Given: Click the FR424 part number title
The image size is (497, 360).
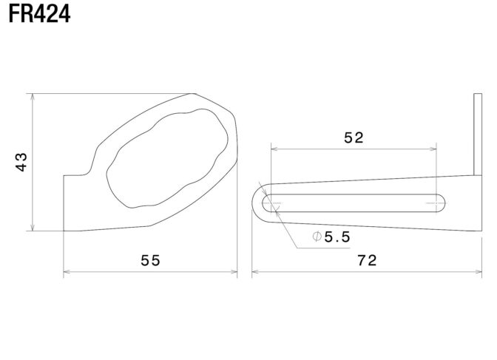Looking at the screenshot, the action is [x=40, y=14].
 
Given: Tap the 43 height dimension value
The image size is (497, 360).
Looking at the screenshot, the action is [x=21, y=162].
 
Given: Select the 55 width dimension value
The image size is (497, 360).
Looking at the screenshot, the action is [x=151, y=260].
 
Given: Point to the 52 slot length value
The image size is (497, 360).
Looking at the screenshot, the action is [x=354, y=137].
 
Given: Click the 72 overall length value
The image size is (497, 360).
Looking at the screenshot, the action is [x=367, y=260].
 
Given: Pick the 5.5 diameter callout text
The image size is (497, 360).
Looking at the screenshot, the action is [x=337, y=237].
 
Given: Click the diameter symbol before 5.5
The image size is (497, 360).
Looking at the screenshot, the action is [x=317, y=237].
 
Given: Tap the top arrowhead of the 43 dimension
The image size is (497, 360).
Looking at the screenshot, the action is [x=33, y=97].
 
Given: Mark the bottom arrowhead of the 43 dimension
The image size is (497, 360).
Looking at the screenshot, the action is [x=33, y=228].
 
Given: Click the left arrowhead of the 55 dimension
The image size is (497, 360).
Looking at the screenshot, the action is [x=67, y=271].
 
